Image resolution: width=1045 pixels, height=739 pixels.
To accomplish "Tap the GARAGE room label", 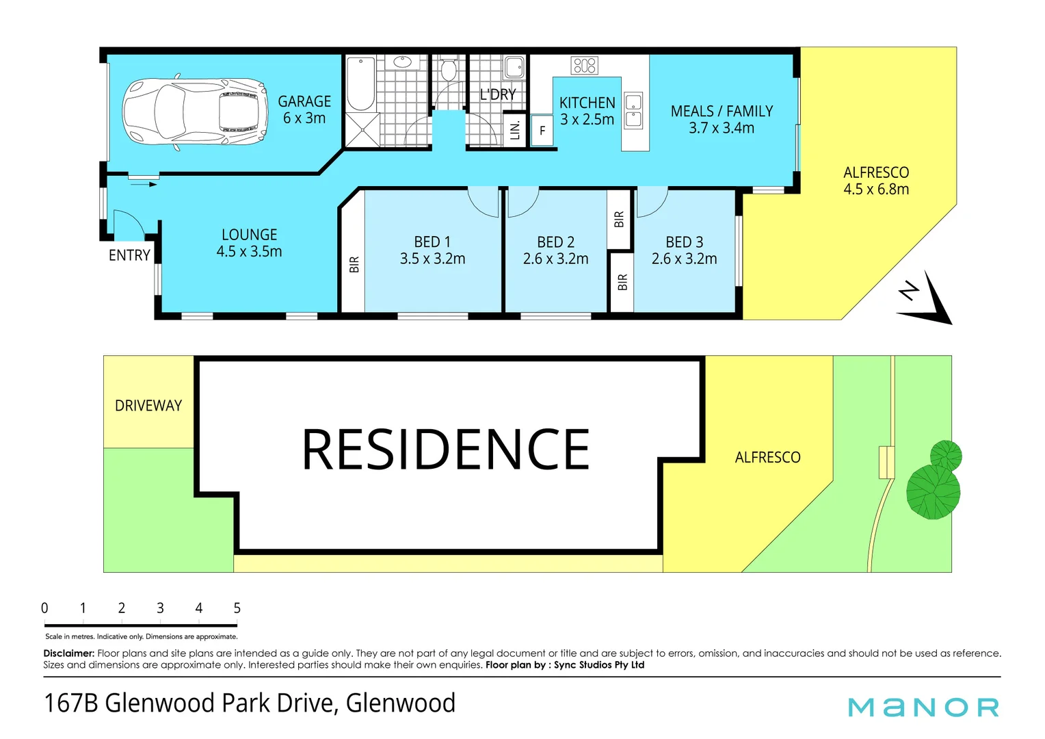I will pyautogui.click(x=304, y=101).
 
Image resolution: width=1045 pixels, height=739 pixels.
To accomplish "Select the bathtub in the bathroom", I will pyautogui.click(x=360, y=84).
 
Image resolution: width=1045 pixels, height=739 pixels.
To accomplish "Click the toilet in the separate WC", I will pyautogui.click(x=449, y=70).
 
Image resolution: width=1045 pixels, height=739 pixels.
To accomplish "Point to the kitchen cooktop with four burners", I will pyautogui.click(x=585, y=66).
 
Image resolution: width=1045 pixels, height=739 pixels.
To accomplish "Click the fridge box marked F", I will pyautogui.click(x=542, y=130).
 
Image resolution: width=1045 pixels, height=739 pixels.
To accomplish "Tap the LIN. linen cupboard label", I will pyautogui.click(x=516, y=129).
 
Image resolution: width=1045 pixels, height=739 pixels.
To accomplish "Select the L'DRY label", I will pyautogui.click(x=497, y=94).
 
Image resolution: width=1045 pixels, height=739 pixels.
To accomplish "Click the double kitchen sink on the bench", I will pyautogui.click(x=634, y=111).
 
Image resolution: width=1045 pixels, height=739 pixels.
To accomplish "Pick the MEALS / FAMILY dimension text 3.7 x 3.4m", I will pyautogui.click(x=722, y=128).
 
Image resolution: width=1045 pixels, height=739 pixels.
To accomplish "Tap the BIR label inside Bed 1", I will pyautogui.click(x=354, y=264).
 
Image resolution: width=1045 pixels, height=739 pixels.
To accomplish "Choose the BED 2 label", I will pyautogui.click(x=555, y=242).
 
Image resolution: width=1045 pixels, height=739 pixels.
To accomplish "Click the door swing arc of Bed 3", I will pyautogui.click(x=652, y=203).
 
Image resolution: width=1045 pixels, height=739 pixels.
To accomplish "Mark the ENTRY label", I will pyautogui.click(x=129, y=255).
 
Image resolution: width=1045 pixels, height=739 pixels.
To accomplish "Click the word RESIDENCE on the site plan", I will pyautogui.click(x=446, y=450).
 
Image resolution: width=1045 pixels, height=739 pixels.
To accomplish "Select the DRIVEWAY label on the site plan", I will pyautogui.click(x=148, y=406).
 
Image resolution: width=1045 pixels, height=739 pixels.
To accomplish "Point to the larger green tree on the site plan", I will pyautogui.click(x=933, y=491).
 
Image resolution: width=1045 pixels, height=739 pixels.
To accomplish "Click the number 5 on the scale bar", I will pyautogui.click(x=237, y=608).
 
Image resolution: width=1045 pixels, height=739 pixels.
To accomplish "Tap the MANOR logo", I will pyautogui.click(x=923, y=707).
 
